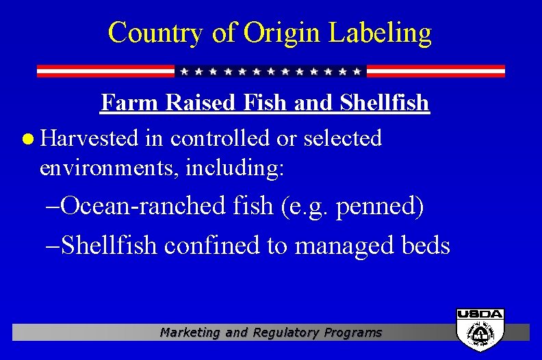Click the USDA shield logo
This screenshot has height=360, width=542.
[x=480, y=329]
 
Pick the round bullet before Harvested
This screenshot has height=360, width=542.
[x=27, y=139]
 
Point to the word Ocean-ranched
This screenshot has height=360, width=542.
[x=150, y=206]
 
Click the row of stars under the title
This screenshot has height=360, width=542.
[x=270, y=71]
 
